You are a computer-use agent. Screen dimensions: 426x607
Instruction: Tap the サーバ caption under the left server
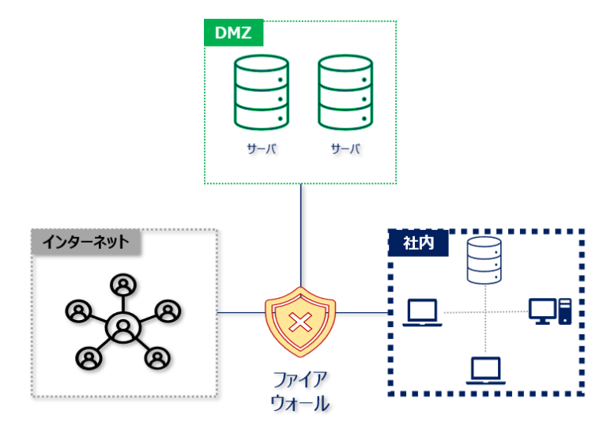click(260, 149)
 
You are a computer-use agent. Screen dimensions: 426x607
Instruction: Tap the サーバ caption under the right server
click(345, 149)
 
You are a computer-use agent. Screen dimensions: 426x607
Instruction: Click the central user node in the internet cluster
click(123, 326)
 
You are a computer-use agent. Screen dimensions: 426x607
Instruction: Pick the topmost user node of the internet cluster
click(123, 284)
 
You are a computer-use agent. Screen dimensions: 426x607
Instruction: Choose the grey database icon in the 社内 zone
click(483, 262)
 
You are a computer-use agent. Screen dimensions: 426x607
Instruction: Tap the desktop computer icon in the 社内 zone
click(549, 311)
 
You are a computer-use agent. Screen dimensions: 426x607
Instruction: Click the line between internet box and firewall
click(240, 313)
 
